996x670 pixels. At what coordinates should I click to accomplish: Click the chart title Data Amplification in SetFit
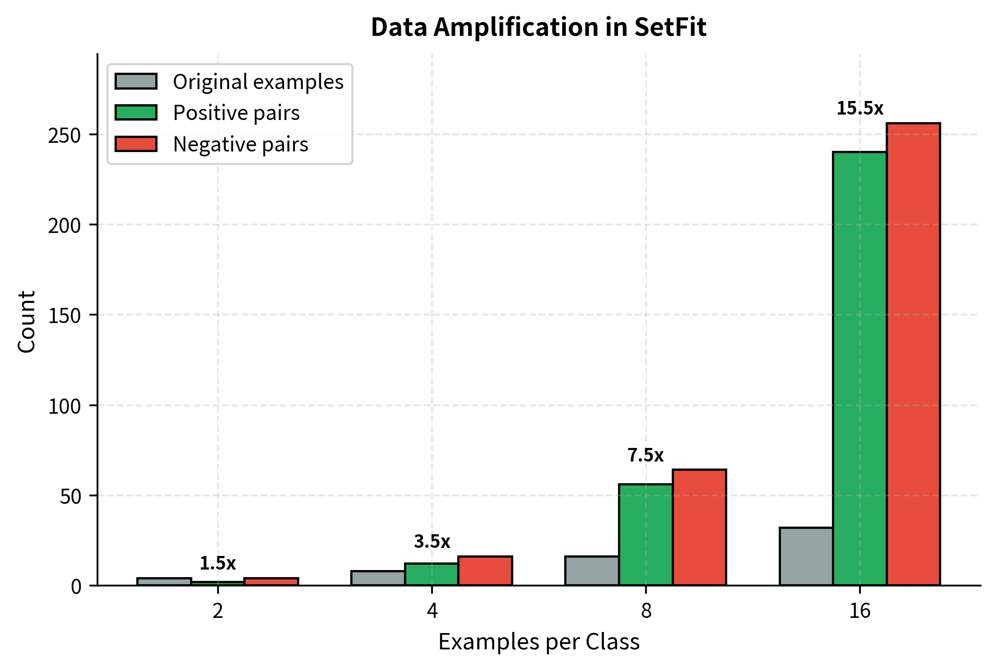[538, 27]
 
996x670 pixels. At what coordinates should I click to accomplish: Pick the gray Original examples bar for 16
[806, 556]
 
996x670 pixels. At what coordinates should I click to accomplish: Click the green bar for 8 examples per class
[646, 534]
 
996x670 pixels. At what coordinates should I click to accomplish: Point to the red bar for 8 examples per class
[699, 527]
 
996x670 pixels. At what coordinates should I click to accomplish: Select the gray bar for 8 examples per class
[592, 571]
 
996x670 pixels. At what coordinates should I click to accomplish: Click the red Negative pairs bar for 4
[485, 571]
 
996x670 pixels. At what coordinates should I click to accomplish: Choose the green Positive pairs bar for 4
[432, 574]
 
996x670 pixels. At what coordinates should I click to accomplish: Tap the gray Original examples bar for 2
[164, 581]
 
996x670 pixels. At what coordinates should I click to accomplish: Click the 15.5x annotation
[860, 109]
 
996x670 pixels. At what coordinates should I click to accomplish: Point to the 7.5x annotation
[645, 455]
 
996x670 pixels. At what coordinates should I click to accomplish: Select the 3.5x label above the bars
[432, 541]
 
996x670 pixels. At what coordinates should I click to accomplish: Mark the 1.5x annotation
[217, 563]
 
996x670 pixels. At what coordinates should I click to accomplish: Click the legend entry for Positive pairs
[236, 113]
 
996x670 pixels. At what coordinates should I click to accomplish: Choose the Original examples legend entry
[258, 81]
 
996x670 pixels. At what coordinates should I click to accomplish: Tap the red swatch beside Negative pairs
[136, 144]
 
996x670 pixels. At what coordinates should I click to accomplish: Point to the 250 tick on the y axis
[65, 135]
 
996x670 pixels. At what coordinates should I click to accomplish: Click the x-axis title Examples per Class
[539, 642]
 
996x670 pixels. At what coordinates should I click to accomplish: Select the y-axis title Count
[26, 321]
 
